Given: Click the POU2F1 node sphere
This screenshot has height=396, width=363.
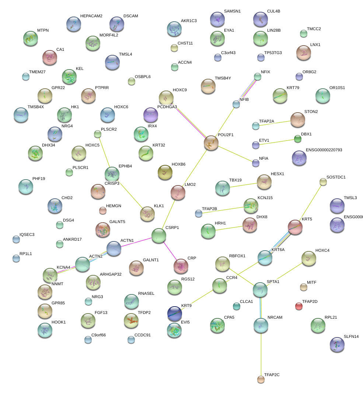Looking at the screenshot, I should point(211,143).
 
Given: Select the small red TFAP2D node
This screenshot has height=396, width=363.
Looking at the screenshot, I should point(299,306).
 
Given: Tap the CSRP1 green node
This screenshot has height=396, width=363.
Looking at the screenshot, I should point(159,236).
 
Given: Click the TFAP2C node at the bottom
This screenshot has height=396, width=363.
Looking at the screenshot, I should point(261,379).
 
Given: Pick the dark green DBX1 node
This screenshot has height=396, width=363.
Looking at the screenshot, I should point(297,139).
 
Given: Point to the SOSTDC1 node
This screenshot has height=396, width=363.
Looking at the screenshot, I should point(323,181).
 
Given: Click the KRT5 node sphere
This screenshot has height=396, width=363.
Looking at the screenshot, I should point(295,227).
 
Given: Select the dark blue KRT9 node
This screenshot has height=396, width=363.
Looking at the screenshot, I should point(175,313).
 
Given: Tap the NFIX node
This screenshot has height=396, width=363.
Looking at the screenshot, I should point(258,77).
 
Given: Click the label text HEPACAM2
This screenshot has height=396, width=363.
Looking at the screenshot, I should point(91,16).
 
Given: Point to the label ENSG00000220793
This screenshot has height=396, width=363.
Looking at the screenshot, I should point(324,150).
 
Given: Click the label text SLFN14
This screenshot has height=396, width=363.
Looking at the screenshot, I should point(351,337).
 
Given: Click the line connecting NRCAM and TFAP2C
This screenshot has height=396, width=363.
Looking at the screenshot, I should point(261,353).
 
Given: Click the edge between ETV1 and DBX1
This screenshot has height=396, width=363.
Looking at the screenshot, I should point(276,142).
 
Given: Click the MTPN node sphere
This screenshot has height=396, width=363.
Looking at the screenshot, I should point(31,38).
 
